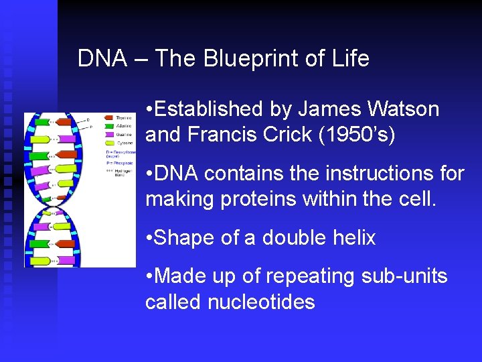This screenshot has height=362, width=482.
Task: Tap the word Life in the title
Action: (x=349, y=59)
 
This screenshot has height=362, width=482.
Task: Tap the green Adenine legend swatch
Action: (x=108, y=125)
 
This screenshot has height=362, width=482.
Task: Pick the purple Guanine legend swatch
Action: (x=108, y=133)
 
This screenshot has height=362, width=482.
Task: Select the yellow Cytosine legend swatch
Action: (x=108, y=141)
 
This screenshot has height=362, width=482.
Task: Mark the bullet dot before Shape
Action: (x=150, y=238)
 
